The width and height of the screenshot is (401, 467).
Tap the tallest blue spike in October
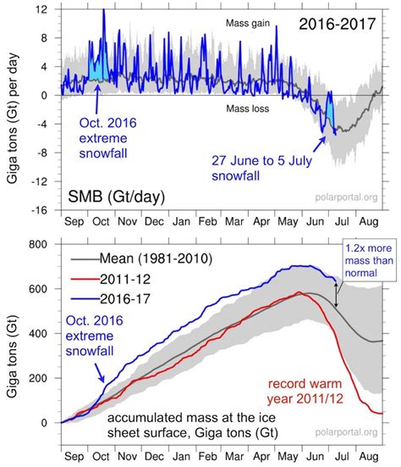click(x=103, y=12)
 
